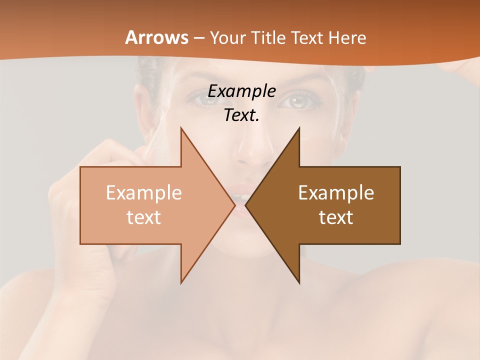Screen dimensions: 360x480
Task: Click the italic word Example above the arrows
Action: click(241, 91)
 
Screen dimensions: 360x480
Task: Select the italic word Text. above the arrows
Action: click(241, 115)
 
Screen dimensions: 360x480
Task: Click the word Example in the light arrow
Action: click(143, 192)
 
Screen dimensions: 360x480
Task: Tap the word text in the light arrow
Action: click(143, 217)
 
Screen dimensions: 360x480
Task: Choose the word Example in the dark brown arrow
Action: click(336, 192)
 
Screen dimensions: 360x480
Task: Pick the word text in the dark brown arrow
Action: click(336, 217)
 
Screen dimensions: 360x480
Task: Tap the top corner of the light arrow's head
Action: click(181, 128)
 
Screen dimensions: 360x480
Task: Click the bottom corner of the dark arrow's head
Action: click(299, 283)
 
